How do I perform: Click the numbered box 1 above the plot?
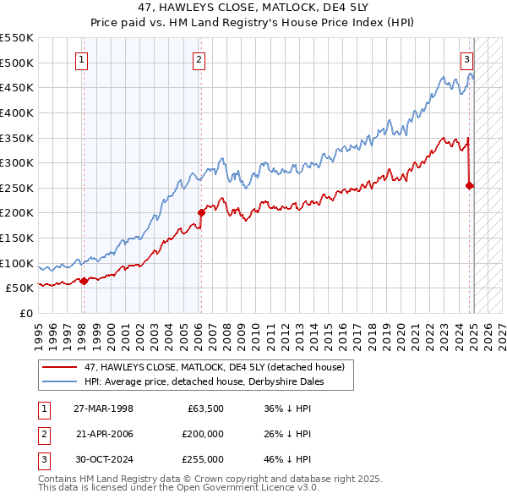pyautogui.click(x=82, y=59)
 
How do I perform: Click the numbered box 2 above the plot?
pyautogui.click(x=198, y=59)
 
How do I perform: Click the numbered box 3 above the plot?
pyautogui.click(x=466, y=59)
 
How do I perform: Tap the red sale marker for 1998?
pyautogui.click(x=84, y=282)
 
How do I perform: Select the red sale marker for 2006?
pyautogui.click(x=201, y=212)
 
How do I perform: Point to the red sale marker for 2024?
pyautogui.click(x=470, y=185)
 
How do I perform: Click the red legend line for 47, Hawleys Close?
pyautogui.click(x=60, y=367)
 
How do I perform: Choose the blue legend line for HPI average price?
pyautogui.click(x=60, y=381)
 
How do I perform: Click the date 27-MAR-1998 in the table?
pyautogui.click(x=104, y=409)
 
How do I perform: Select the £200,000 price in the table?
pyautogui.click(x=203, y=434)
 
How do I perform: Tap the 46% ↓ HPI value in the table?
pyautogui.click(x=287, y=459)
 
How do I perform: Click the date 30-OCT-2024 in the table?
pyautogui.click(x=104, y=459)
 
